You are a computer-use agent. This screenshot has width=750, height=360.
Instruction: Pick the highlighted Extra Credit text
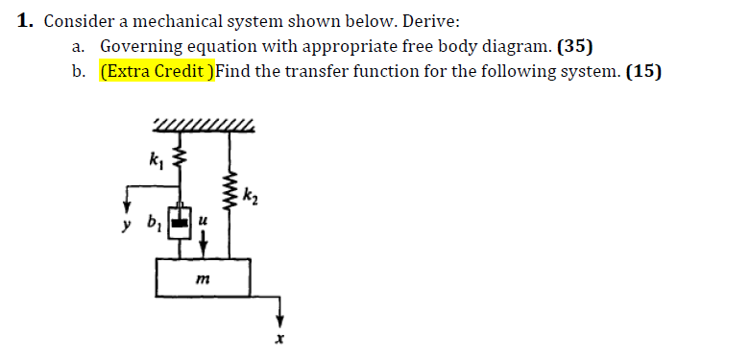point(157,71)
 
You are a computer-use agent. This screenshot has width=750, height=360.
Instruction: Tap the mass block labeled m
point(205,277)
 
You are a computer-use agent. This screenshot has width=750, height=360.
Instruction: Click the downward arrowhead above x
point(281,319)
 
